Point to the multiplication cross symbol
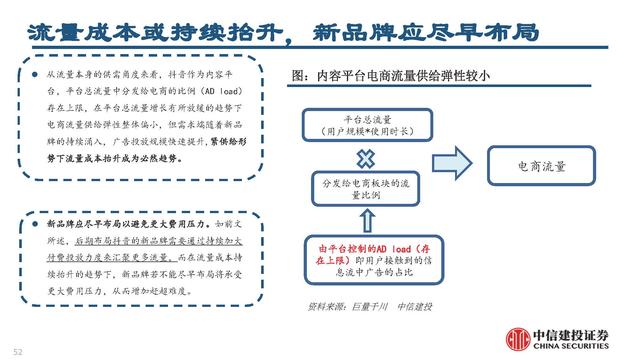(x=366, y=156)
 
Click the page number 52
(x=17, y=350)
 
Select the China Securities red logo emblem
(x=519, y=338)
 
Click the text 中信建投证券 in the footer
(x=575, y=332)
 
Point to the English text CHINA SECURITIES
(x=575, y=348)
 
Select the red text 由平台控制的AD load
(x=346, y=246)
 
